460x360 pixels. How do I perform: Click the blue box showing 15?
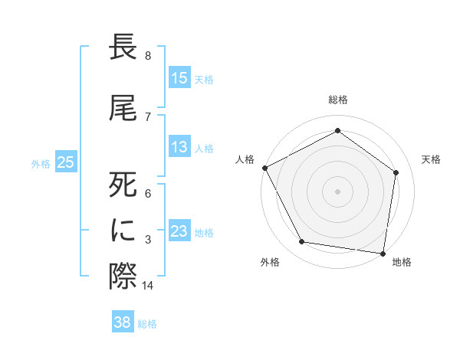pyautogui.click(x=179, y=78)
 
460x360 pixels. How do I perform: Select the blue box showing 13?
pyautogui.click(x=179, y=148)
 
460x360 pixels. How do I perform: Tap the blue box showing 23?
pyautogui.click(x=179, y=231)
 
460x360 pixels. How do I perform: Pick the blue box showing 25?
pyautogui.click(x=65, y=162)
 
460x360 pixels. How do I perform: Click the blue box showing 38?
pyautogui.click(x=123, y=322)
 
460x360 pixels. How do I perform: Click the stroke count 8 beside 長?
pyautogui.click(x=148, y=56)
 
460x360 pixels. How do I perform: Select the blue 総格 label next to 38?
pyautogui.click(x=147, y=324)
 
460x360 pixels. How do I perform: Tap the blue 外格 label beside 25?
pyautogui.click(x=41, y=163)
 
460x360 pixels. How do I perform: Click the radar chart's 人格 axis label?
pyautogui.click(x=245, y=159)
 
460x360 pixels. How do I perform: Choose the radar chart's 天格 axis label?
pyautogui.click(x=432, y=159)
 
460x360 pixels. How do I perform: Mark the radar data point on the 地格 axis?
pyautogui.click(x=383, y=253)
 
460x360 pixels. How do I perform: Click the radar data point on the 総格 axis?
pyautogui.click(x=338, y=130)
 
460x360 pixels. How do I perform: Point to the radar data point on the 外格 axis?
pyautogui.click(x=302, y=242)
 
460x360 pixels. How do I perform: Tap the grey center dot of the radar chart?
pyautogui.click(x=338, y=191)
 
